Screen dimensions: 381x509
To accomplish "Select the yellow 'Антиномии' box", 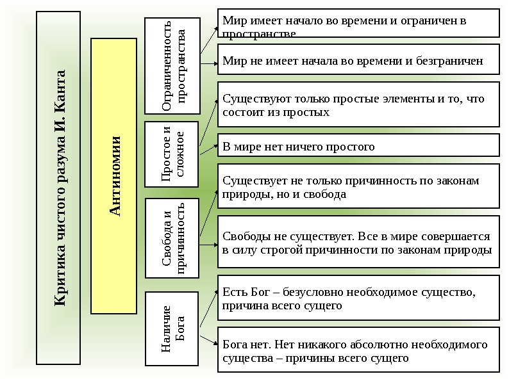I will tap(114, 176).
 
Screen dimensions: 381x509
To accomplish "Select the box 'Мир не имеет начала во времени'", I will tap(358, 60).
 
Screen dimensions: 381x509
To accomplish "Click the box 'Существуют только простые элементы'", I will tap(358, 104).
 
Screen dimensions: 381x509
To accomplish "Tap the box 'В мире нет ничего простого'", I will tap(358, 147).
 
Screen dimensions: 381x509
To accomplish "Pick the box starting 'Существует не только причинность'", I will tap(358, 187).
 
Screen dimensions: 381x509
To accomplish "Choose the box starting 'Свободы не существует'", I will tap(358, 243).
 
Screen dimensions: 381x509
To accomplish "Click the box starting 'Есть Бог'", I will tap(358, 298).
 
